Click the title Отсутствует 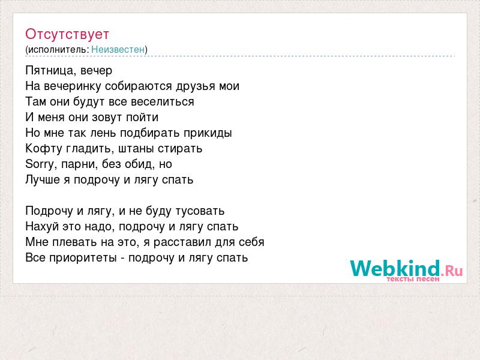click(67, 34)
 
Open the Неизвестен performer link click(118, 50)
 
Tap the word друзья click(196, 86)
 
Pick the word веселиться click(163, 101)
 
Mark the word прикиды click(208, 133)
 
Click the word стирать click(180, 149)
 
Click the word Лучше click(43, 179)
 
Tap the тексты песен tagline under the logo click(413, 279)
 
